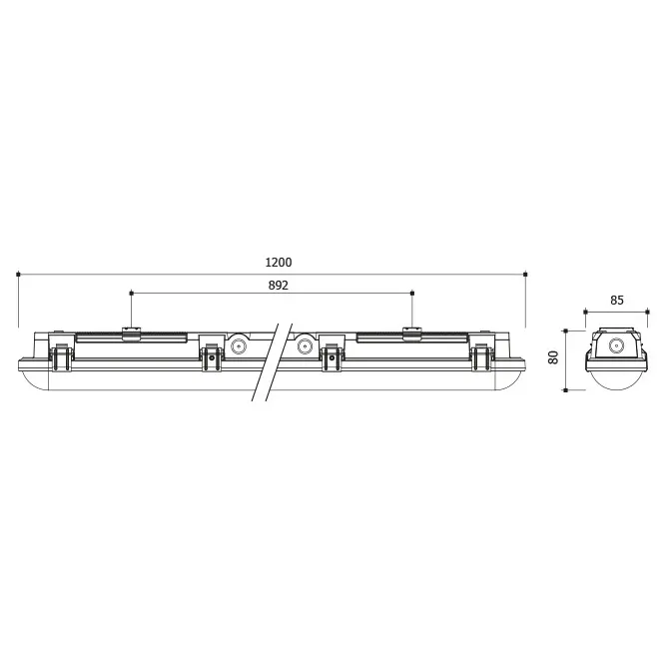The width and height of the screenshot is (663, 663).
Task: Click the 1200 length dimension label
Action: pyautogui.click(x=279, y=263)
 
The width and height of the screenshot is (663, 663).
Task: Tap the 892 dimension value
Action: pyautogui.click(x=279, y=286)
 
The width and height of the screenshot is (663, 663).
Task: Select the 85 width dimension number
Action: pyautogui.click(x=617, y=301)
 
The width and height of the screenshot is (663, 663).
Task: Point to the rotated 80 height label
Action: pyautogui.click(x=553, y=357)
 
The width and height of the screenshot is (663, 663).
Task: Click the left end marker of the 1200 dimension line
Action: pyautogui.click(x=18, y=275)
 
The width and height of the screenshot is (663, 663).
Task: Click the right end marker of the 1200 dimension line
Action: pyautogui.click(x=525, y=275)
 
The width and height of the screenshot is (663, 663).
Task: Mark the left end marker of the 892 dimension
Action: pyautogui.click(x=131, y=293)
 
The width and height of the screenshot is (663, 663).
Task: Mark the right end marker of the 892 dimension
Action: pyautogui.click(x=412, y=293)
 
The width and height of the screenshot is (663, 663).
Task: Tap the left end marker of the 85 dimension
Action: pyautogui.click(x=586, y=313)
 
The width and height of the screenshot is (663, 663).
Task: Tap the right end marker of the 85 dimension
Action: pyautogui.click(x=648, y=313)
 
